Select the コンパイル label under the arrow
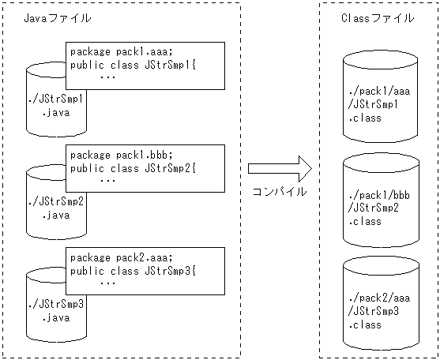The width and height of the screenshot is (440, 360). (x=280, y=191)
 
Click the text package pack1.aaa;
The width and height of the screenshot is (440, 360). (x=120, y=52)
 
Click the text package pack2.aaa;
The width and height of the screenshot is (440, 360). (x=120, y=257)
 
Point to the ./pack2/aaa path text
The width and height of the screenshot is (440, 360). (x=373, y=298)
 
